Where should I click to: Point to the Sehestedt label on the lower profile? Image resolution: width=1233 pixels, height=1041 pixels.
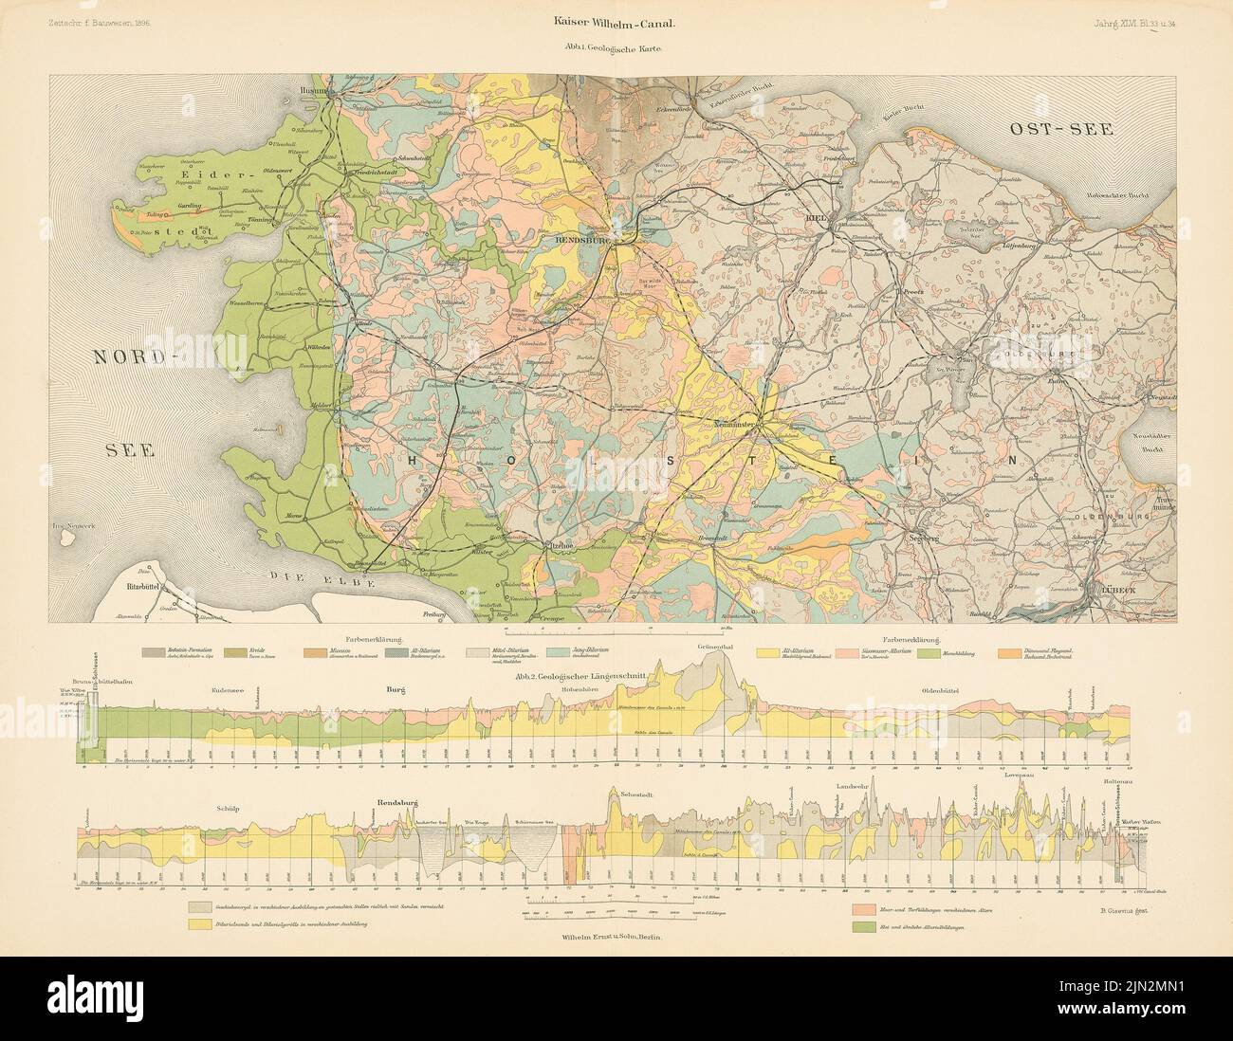coord(640,793)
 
